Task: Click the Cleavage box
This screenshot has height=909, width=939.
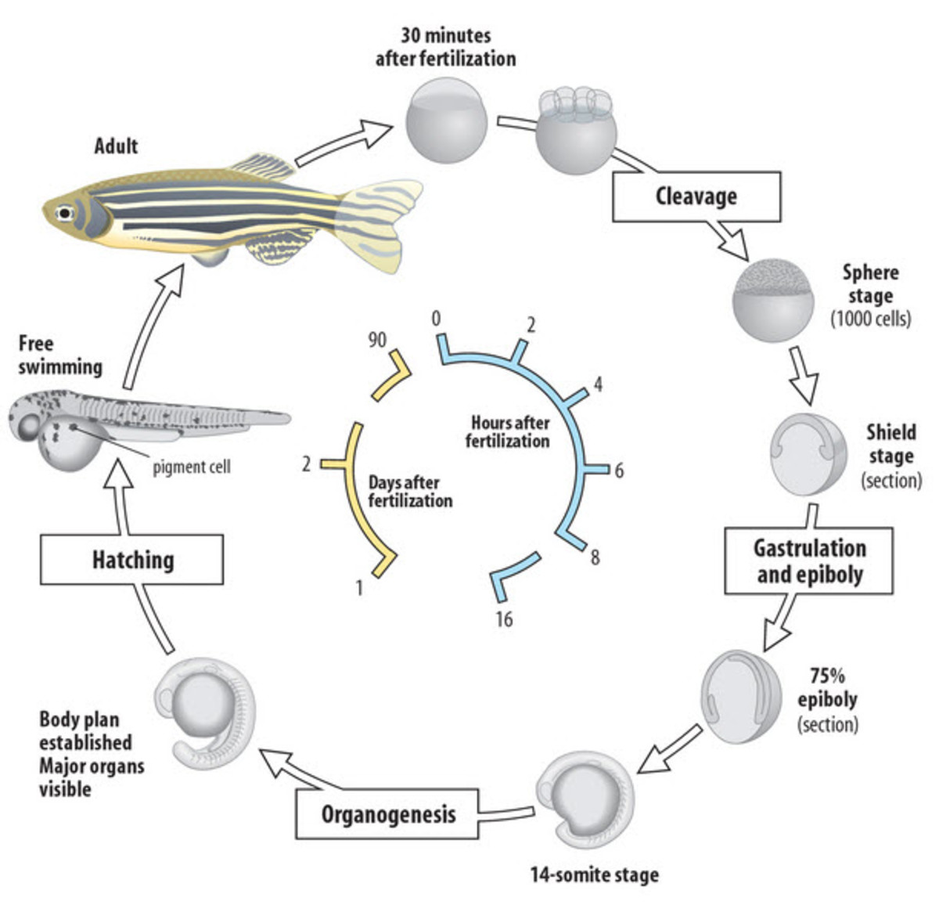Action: click(696, 196)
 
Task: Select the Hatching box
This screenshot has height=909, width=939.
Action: click(132, 560)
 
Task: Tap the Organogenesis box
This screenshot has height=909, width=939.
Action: click(388, 813)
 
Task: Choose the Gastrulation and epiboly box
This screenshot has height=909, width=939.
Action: click(809, 561)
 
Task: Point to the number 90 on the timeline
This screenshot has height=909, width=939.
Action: click(377, 339)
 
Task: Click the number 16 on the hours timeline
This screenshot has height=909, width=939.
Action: click(504, 619)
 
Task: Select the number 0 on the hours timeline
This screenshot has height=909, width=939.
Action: click(436, 318)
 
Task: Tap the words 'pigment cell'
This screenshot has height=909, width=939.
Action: click(192, 467)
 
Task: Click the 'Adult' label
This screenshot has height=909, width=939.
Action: click(116, 146)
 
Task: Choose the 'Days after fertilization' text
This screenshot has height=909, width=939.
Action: click(410, 492)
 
